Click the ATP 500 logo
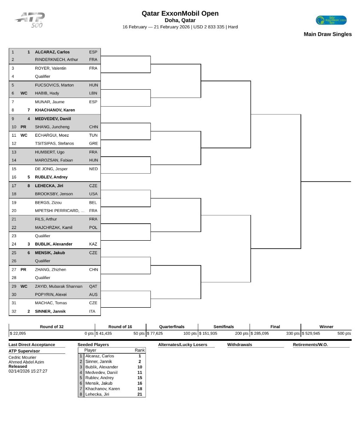point(30,20)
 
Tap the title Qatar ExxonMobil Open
point(180,13)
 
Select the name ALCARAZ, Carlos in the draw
point(52,52)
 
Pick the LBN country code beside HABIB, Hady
point(93,93)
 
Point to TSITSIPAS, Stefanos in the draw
point(54,143)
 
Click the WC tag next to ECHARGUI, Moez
point(24,135)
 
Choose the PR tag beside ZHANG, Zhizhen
point(24,269)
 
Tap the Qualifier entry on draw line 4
point(43,76)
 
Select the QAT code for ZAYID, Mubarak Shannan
point(93,286)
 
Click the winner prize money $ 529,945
point(311,333)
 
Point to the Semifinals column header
point(223,326)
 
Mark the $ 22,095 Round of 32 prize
point(18,333)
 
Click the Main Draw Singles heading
point(327,34)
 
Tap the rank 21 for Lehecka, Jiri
point(140,394)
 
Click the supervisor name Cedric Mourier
point(23,357)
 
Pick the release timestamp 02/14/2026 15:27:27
point(28,371)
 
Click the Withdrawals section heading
point(240,345)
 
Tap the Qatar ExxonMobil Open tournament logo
point(331,20)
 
